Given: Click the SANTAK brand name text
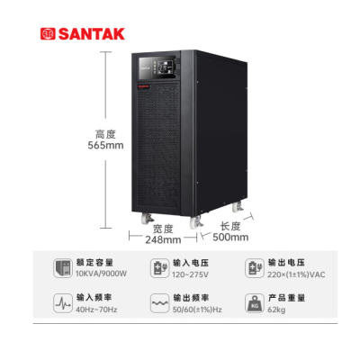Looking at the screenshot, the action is (92, 34).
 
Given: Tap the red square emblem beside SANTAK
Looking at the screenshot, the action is (48, 34).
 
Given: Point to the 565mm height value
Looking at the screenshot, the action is (105, 146).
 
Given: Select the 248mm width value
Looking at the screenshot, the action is (163, 240).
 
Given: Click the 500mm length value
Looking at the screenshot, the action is (230, 238).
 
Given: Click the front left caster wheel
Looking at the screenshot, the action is (148, 219).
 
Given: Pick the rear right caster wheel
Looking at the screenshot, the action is (238, 207).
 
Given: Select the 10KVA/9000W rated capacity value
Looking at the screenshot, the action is (101, 274).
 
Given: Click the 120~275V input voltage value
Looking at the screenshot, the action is (190, 274).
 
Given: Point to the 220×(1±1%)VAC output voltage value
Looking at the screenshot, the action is (296, 274).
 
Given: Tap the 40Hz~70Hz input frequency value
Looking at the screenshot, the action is (96, 310).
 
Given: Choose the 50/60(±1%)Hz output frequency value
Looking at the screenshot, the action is (197, 310).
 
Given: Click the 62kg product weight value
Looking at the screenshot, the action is (276, 310).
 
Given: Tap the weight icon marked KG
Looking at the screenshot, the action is (255, 303).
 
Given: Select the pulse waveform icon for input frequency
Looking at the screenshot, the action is (63, 303).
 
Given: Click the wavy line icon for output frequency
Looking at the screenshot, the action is (159, 303).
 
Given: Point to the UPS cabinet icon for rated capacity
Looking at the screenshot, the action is (63, 268).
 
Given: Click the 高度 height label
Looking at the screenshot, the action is (105, 134).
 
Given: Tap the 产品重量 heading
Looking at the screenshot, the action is (286, 298).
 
